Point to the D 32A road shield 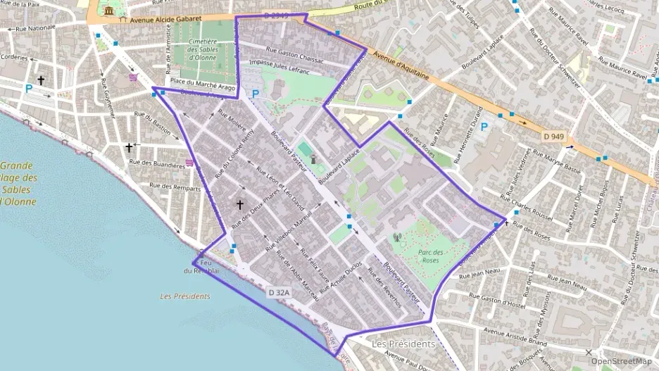pyautogui.click(x=280, y=291)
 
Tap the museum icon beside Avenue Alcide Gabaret pyautogui.click(x=109, y=11)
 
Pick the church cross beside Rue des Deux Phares pyautogui.click(x=240, y=205)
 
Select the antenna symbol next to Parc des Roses pyautogui.click(x=396, y=238)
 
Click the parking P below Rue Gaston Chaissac pyautogui.click(x=255, y=93)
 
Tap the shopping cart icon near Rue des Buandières pyautogui.click(x=190, y=163)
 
